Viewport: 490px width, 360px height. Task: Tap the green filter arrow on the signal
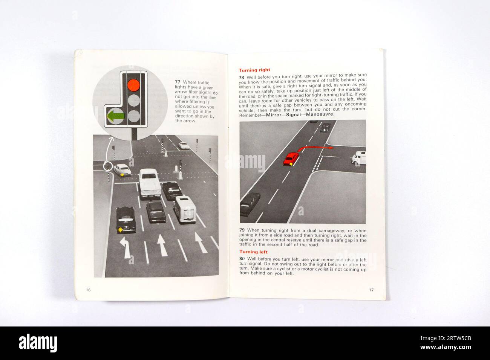(x=115, y=116)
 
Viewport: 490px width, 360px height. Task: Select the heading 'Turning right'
(x=254, y=70)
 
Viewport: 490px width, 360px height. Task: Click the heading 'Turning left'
(x=253, y=252)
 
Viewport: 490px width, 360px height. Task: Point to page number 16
(x=88, y=290)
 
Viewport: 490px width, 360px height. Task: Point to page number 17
(x=371, y=290)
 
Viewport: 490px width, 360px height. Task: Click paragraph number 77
(x=178, y=82)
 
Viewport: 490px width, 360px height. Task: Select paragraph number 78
(x=242, y=77)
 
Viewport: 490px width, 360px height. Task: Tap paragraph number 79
(x=242, y=230)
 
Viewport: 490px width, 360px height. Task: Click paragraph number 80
(x=242, y=259)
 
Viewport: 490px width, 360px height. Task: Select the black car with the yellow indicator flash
(x=126, y=219)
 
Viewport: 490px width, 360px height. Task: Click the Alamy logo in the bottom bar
(x=38, y=343)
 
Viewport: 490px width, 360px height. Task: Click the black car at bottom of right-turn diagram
(x=250, y=203)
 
